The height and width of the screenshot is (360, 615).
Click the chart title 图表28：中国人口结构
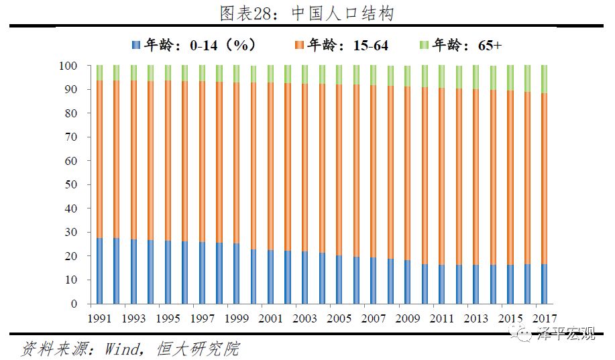[307, 13]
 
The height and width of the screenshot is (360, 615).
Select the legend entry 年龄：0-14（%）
[194, 46]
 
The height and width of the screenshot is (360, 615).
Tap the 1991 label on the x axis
[100, 317]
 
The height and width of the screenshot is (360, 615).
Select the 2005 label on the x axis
[339, 317]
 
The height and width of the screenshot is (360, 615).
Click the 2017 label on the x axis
[545, 317]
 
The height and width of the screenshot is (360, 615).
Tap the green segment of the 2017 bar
[545, 79]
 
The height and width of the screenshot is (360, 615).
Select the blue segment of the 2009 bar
[408, 282]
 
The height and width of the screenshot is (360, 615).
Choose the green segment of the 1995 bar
[168, 73]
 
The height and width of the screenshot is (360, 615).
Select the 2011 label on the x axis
[442, 317]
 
